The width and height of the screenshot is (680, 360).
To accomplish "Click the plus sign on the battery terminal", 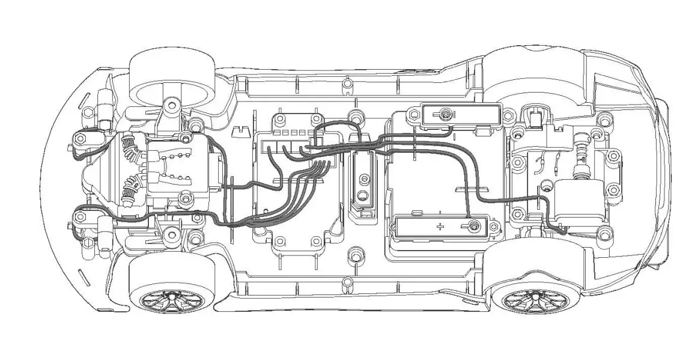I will [x=440, y=226].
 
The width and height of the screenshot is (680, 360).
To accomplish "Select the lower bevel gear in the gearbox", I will [x=129, y=191].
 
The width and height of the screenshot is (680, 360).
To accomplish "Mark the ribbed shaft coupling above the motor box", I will [x=581, y=159].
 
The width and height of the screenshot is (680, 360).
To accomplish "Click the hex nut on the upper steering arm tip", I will [x=78, y=140].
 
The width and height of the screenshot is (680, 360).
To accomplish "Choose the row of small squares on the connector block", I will [x=292, y=132].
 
